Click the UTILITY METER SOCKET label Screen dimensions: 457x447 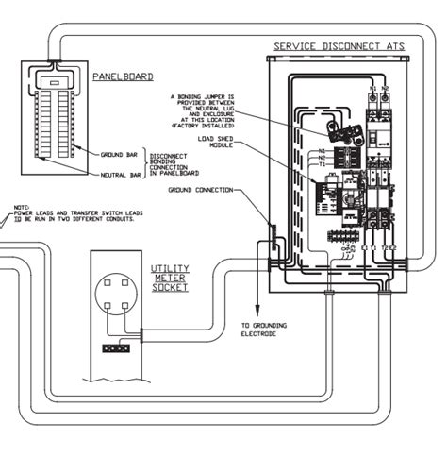(170, 278)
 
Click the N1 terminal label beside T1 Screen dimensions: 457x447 (321, 150)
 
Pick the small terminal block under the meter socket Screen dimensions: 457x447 (117, 347)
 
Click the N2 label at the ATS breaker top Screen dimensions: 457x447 (385, 89)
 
